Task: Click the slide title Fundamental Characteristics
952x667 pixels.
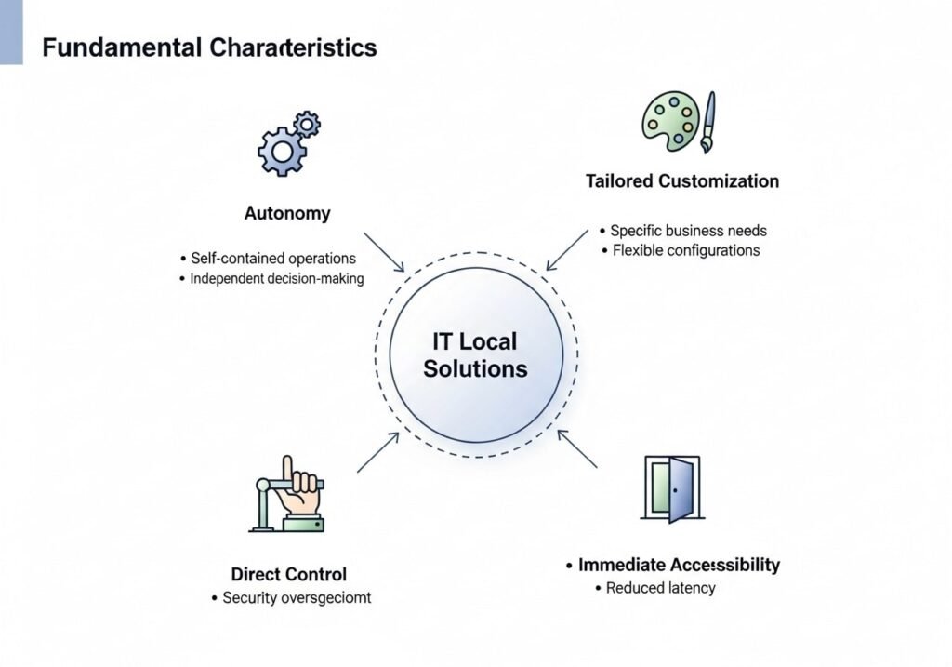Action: [x=209, y=47]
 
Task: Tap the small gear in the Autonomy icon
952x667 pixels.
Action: [x=307, y=124]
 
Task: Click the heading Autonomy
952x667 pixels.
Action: [x=287, y=213]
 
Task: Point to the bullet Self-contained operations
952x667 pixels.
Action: [x=272, y=258]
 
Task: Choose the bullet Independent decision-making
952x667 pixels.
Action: [x=276, y=278]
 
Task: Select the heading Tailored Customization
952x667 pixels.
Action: [x=682, y=180]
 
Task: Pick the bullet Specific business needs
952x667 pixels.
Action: [x=688, y=230]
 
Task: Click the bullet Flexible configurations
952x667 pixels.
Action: [x=686, y=250]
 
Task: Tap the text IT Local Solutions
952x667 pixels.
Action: [x=475, y=355]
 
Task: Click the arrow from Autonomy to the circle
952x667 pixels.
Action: [x=383, y=252]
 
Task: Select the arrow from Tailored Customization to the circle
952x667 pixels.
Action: [x=567, y=250]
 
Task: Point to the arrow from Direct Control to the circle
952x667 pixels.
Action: [x=378, y=453]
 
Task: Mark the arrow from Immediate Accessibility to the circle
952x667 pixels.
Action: [x=577, y=449]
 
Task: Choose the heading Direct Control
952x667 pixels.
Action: [x=289, y=574]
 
